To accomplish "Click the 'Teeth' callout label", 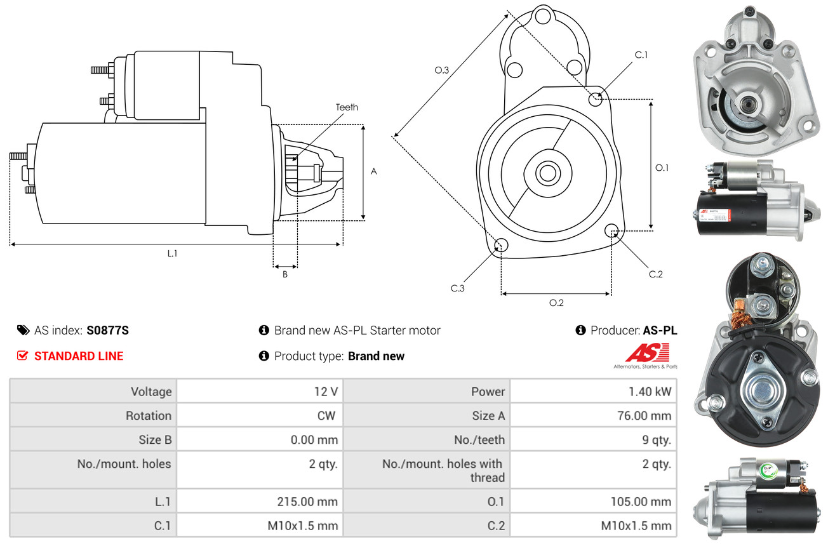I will click(x=347, y=107).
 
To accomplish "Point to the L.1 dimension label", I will click(x=172, y=253).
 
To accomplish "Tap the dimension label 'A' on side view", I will click(x=374, y=171).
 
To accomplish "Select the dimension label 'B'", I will click(x=285, y=274).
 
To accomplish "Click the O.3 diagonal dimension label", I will click(x=442, y=70).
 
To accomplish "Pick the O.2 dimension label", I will click(x=556, y=303).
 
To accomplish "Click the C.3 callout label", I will click(x=458, y=288).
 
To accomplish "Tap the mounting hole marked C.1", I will click(x=596, y=99).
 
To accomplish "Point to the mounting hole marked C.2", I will click(x=612, y=230).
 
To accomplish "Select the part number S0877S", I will click(x=108, y=330).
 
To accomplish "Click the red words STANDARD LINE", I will click(x=79, y=356).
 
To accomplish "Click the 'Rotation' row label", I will click(x=148, y=416).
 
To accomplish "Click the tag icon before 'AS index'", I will click(x=23, y=330).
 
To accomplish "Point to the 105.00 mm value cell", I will click(x=640, y=502).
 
